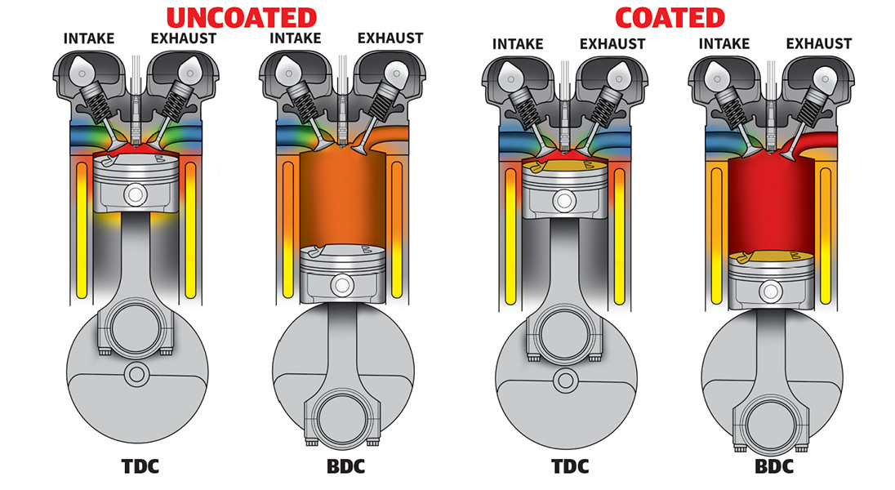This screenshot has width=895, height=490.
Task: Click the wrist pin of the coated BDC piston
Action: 768,288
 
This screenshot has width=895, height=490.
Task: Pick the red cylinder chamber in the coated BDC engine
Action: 768,204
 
